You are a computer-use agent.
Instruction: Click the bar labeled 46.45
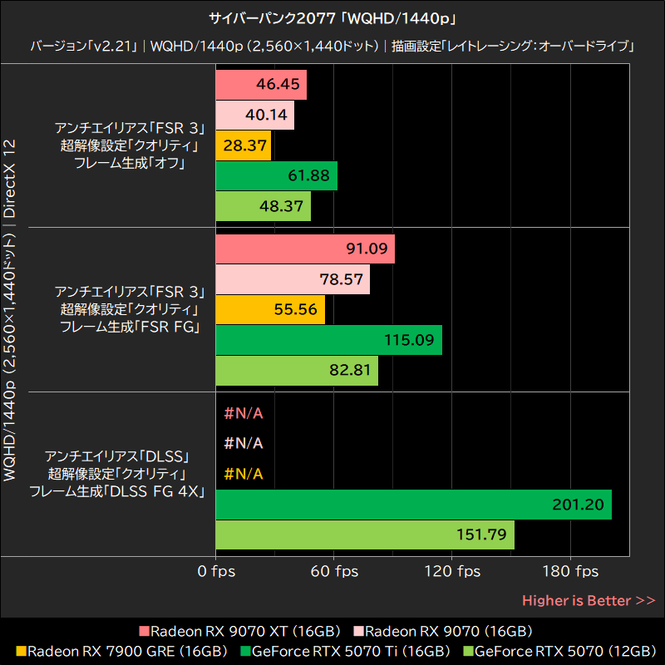coord(261,85)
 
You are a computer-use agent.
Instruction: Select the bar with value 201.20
coord(413,505)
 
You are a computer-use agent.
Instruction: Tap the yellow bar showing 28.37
coord(243,145)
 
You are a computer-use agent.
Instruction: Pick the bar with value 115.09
coord(328,340)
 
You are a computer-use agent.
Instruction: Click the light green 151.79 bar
coord(365,534)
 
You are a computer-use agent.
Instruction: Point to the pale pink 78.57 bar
coord(293,279)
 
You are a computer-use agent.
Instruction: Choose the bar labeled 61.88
coord(276,176)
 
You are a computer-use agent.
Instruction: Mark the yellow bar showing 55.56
coord(270,309)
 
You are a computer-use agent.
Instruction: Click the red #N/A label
coord(244,413)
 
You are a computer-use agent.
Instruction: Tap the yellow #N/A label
coord(244,474)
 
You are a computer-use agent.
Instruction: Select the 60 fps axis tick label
coord(334,572)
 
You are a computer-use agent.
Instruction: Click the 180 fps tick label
coord(570,572)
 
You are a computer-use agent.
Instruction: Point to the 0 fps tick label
coord(216,572)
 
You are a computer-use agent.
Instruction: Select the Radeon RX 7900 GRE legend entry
coord(121,650)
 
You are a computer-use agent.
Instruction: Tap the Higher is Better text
coord(589,600)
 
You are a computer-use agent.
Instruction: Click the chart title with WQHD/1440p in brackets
coord(332,17)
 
